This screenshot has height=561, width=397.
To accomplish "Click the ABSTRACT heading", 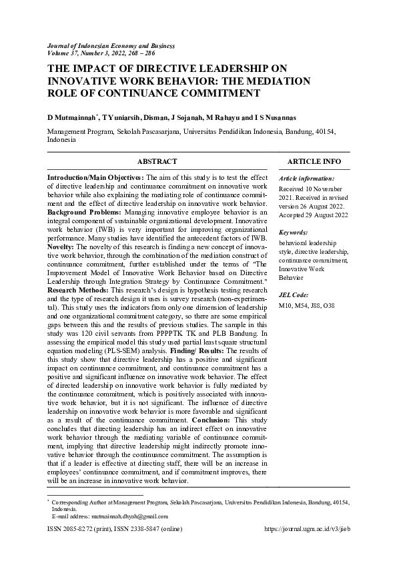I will click(157, 161).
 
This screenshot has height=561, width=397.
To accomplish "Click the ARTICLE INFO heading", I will click(314, 161).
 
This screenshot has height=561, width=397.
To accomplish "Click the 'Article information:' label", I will click(307, 179).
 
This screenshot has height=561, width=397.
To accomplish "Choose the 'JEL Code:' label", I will click(294, 295).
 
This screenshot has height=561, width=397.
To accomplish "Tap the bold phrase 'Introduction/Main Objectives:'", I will click(95, 178).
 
